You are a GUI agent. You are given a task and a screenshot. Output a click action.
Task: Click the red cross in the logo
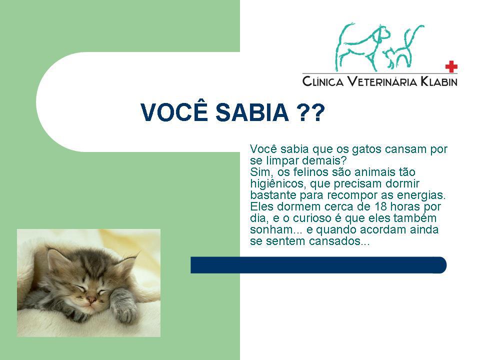click(x=451, y=66)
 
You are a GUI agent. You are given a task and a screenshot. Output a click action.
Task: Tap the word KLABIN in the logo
click(x=438, y=81)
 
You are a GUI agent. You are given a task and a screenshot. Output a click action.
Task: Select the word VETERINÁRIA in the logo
click(x=382, y=81)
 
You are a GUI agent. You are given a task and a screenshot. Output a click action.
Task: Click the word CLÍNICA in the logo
click(x=323, y=81)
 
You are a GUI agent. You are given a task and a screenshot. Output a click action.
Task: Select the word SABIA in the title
click(x=252, y=112)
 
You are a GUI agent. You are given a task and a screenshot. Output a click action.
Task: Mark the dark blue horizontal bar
click(x=318, y=265)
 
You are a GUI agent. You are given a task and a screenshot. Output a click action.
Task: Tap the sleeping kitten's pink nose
click(x=91, y=300)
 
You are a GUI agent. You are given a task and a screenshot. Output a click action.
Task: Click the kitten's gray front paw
click(x=122, y=306)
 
